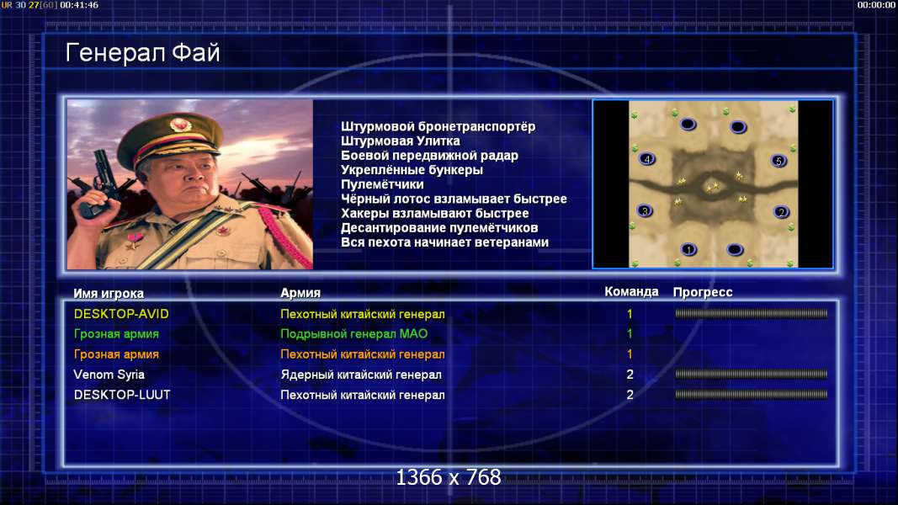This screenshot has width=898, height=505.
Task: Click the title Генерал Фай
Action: [x=142, y=53]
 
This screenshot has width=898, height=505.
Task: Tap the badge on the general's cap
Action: [x=180, y=125]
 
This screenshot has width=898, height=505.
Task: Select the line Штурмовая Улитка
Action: [x=400, y=141]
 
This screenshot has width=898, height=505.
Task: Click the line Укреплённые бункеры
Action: [x=412, y=170]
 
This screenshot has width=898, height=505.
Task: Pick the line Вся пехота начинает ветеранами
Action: [x=444, y=242]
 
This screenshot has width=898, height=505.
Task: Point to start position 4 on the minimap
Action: [x=647, y=159]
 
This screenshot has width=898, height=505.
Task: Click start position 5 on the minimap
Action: [x=778, y=161]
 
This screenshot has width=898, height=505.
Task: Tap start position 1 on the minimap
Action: [x=689, y=249]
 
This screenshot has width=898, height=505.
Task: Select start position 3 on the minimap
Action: [x=645, y=210]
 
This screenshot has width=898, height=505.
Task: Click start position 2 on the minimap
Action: [x=781, y=212]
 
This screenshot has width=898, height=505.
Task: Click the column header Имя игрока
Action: [x=109, y=293]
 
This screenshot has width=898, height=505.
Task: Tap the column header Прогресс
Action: [x=703, y=292]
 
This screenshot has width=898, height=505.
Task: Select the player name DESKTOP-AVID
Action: [x=121, y=314]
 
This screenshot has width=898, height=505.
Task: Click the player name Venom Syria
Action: [x=109, y=375]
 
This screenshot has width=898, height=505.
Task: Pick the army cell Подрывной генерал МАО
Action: [x=354, y=334]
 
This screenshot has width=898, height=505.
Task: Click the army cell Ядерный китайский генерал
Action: [x=361, y=375]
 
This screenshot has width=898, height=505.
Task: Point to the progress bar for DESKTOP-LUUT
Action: [x=751, y=395]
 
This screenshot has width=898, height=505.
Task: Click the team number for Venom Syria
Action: [x=630, y=375]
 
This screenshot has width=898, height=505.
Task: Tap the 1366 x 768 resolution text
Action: [x=449, y=477]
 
